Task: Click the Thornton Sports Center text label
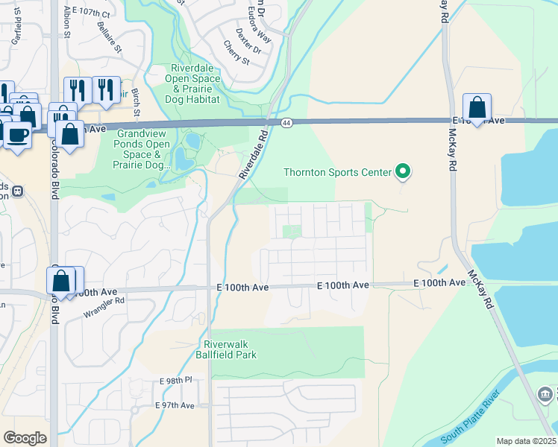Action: click(337, 173)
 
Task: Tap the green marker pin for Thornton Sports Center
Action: click(403, 172)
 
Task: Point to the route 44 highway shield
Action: click(286, 122)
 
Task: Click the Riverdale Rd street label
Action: click(254, 155)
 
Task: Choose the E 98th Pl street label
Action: click(176, 381)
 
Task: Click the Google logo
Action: click(25, 437)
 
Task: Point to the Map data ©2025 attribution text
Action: click(527, 441)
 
